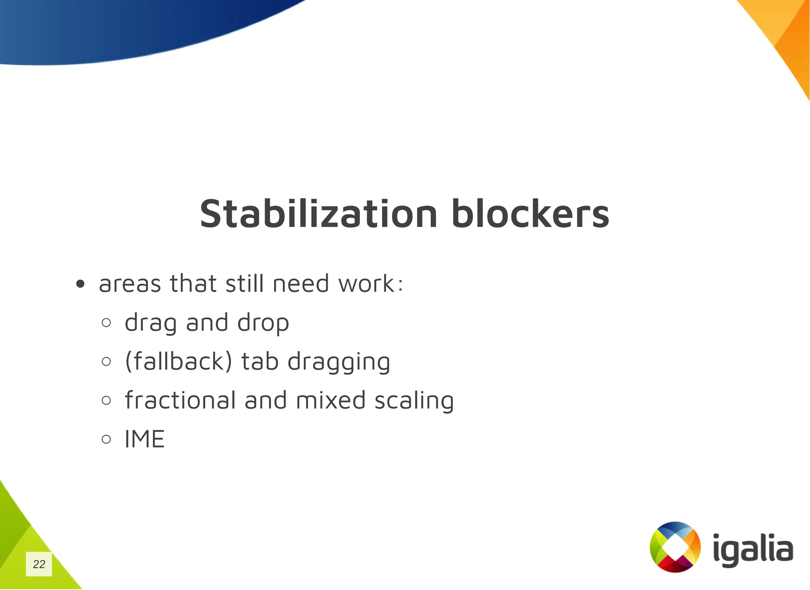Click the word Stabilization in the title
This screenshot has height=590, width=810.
(x=318, y=214)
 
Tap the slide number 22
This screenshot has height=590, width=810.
(x=39, y=564)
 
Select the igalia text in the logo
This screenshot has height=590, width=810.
(x=753, y=549)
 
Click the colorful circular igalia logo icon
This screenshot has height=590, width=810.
(x=675, y=547)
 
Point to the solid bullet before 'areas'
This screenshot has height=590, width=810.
(x=80, y=284)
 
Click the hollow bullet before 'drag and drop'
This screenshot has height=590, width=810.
(x=106, y=323)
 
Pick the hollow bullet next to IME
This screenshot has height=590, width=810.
(x=106, y=439)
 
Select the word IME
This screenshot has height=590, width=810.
(x=144, y=439)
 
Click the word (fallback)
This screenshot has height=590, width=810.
(x=178, y=361)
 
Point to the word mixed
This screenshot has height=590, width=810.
(x=331, y=400)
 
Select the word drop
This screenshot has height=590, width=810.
(x=263, y=323)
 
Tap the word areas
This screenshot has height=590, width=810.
(x=130, y=284)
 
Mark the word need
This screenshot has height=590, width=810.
(x=301, y=284)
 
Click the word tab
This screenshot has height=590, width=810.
(x=260, y=361)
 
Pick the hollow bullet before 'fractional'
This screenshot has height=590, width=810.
(x=106, y=400)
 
